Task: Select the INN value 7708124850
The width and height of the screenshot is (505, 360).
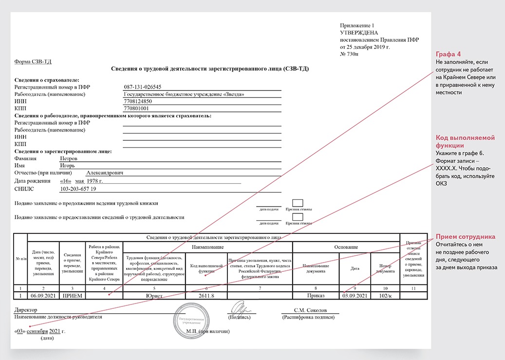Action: point(139,101)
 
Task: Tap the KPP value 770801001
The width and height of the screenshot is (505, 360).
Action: point(137,108)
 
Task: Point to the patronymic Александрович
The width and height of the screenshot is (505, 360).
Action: point(105,173)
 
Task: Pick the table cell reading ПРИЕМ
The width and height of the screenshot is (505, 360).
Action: point(72,295)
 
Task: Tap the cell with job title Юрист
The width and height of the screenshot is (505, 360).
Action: point(154,295)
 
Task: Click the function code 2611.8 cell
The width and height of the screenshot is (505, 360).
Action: point(206,295)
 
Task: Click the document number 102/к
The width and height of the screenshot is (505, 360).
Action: point(385,295)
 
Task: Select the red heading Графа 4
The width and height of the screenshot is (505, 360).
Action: point(448,54)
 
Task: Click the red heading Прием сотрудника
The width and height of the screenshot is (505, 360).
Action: point(465,236)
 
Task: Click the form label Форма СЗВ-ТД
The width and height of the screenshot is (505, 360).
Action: point(33,61)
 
